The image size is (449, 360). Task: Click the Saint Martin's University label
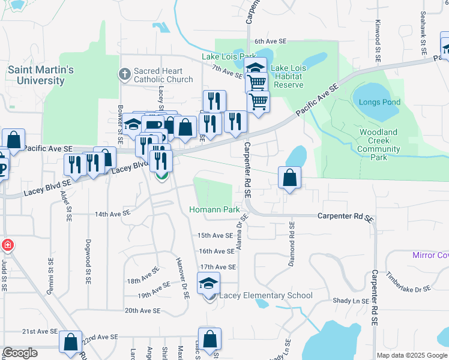click(40, 75)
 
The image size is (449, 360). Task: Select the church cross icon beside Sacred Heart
click(124, 75)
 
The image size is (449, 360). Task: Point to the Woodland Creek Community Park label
click(379, 145)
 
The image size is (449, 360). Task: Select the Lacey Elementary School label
click(265, 295)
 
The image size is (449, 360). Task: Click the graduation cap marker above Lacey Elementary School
click(209, 283)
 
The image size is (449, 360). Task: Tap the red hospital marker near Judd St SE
click(7, 245)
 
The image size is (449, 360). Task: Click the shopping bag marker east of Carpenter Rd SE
click(289, 178)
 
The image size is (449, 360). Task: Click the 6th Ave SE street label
click(271, 41)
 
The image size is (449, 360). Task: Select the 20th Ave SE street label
click(142, 311)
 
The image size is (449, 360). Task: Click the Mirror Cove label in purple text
click(430, 255)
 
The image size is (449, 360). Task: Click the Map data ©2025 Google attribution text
click(411, 355)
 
